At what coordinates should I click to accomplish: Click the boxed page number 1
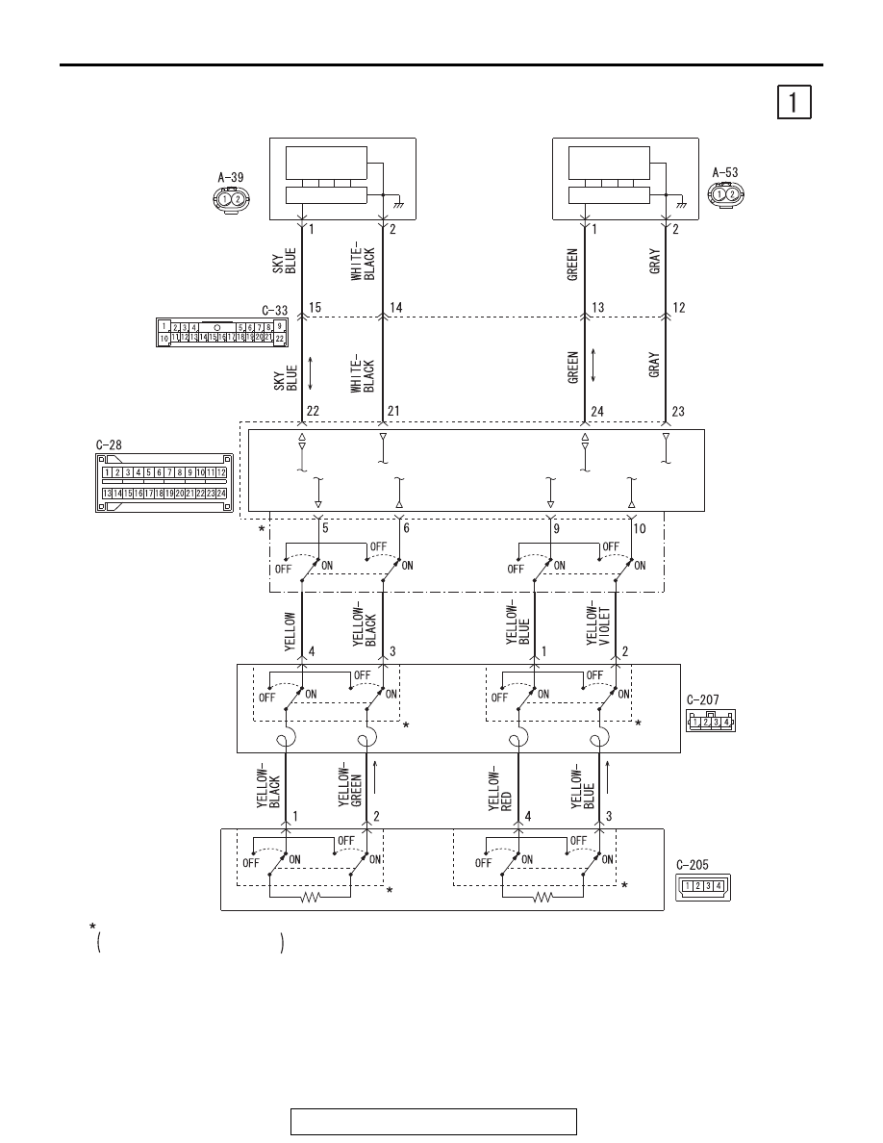point(794,102)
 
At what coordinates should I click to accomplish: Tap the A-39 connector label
point(230,177)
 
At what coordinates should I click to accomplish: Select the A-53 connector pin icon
point(725,194)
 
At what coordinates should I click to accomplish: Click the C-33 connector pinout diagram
point(221,332)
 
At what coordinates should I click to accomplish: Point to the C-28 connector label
point(109,444)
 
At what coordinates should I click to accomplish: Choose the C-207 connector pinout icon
point(710,721)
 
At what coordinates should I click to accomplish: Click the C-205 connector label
point(693,865)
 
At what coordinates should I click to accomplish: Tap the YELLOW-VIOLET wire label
point(597,622)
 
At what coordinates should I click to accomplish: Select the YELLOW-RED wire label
point(500,788)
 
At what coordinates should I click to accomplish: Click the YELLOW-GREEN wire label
point(350,785)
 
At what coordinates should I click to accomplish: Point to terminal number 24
point(597,412)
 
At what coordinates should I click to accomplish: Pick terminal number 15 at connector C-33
point(315,308)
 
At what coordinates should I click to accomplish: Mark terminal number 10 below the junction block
point(639,528)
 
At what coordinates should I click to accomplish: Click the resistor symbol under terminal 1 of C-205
point(311,898)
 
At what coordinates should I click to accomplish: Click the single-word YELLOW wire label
point(290,631)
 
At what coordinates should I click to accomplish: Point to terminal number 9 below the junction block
point(557,528)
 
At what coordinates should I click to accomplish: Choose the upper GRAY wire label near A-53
point(655,261)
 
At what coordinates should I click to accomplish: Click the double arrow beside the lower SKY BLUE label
point(311,372)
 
